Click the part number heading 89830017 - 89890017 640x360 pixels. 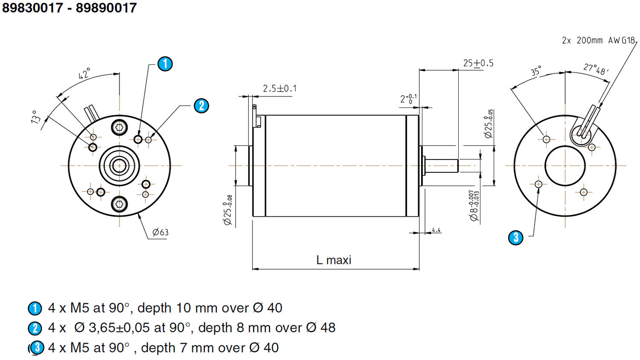(70, 8)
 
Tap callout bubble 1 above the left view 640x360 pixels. (165, 64)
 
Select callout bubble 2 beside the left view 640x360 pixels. (201, 106)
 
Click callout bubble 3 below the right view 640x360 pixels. (516, 237)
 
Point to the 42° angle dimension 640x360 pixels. (84, 74)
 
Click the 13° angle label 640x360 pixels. (36, 116)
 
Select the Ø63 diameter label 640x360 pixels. (160, 232)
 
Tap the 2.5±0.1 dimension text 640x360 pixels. (279, 89)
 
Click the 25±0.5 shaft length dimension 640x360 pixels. (478, 63)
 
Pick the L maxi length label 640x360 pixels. (334, 260)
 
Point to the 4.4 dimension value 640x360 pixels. (436, 230)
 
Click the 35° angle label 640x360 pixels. (536, 71)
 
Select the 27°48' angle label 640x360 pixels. (596, 69)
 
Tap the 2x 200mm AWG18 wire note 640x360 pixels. (598, 41)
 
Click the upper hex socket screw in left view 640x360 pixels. (119, 127)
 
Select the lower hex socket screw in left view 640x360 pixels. (119, 204)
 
